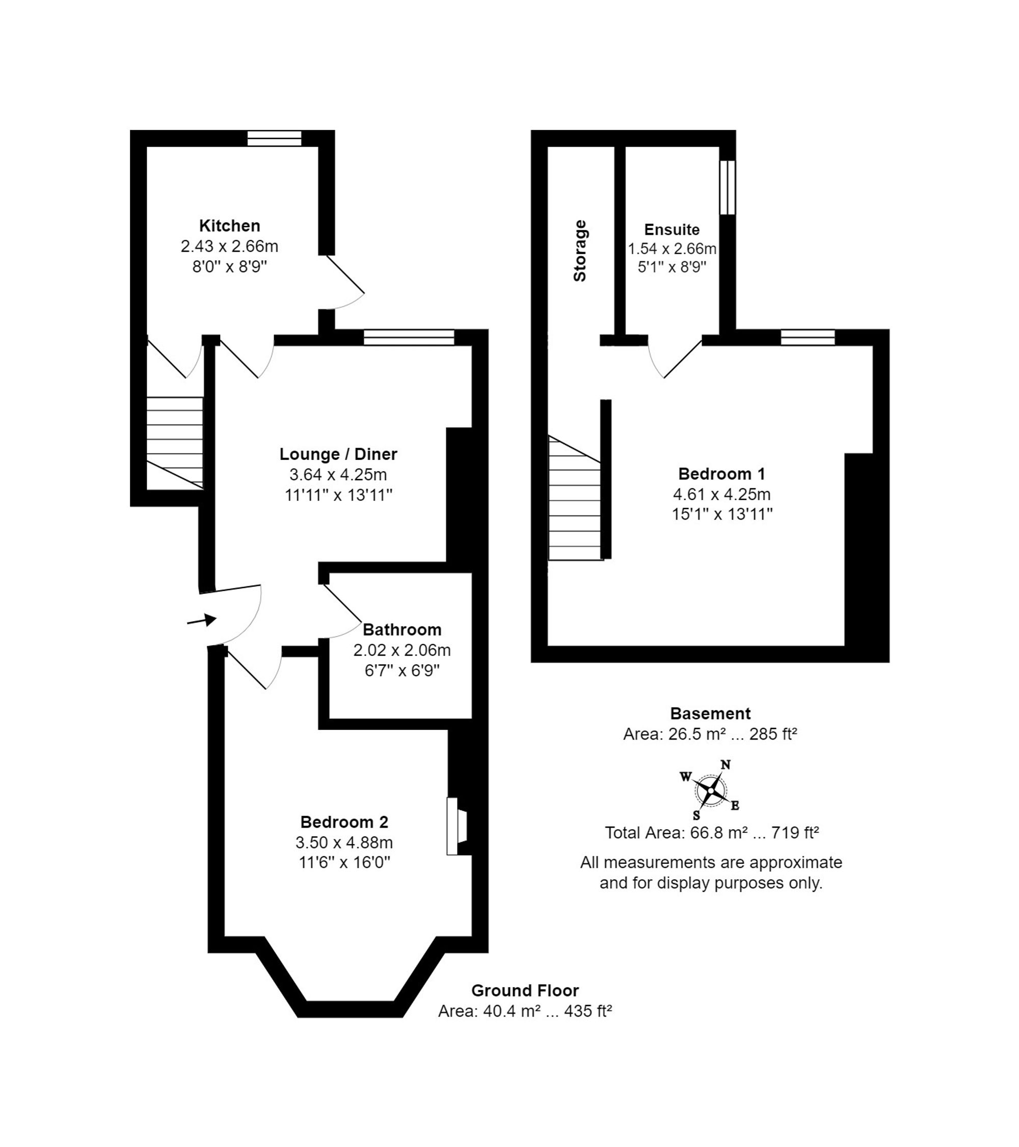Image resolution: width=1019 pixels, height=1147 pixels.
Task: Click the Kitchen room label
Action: pos(230,226)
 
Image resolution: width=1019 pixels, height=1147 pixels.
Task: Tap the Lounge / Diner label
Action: pos(338,453)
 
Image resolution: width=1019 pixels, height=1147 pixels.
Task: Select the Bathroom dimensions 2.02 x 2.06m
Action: pos(401,650)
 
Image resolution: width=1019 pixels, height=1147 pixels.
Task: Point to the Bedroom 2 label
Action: pos(344,822)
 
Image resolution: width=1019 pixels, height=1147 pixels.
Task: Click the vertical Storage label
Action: pos(579,250)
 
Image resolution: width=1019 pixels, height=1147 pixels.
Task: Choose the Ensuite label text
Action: pos(672,230)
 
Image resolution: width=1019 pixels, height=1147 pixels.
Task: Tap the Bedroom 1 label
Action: pos(721,474)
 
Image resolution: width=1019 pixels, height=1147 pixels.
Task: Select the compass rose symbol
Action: pos(711,790)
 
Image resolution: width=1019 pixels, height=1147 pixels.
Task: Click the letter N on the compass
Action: pos(726,765)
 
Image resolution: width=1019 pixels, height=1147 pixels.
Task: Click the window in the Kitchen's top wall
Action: pos(275,138)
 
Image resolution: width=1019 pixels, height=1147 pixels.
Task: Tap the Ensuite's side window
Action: pos(727,187)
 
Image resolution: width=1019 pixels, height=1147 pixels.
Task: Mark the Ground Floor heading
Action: pos(525,991)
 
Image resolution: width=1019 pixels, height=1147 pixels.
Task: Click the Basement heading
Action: pos(710,713)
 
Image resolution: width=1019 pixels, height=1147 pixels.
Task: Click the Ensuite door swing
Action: pos(671,359)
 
